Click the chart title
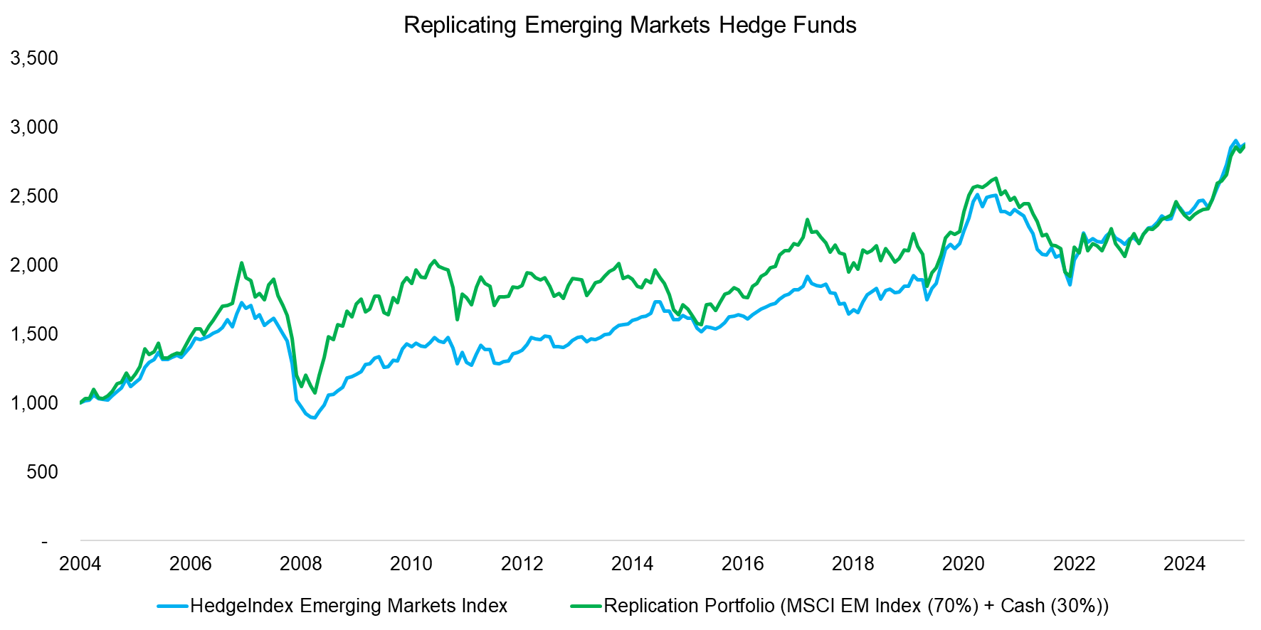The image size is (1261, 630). click(630, 25)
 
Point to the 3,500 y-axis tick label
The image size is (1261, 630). click(34, 58)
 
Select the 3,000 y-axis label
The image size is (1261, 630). click(34, 127)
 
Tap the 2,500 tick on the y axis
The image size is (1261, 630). click(34, 196)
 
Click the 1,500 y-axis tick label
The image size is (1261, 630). click(34, 333)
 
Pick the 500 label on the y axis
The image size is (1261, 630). click(42, 471)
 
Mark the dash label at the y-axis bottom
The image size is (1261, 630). click(45, 542)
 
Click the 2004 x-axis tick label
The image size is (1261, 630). click(80, 564)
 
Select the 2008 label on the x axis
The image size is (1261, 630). click(300, 564)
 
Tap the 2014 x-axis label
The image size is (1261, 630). click(632, 564)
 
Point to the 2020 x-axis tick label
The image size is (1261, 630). click(963, 564)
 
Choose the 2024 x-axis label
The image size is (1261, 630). click(1184, 564)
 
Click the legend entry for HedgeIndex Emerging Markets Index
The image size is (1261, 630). click(349, 606)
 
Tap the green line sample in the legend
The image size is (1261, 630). click(586, 606)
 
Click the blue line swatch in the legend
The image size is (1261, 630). click(173, 606)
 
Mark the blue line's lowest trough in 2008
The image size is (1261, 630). click(314, 417)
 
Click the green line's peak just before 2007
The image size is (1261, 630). click(241, 263)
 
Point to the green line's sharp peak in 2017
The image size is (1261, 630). click(807, 220)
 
